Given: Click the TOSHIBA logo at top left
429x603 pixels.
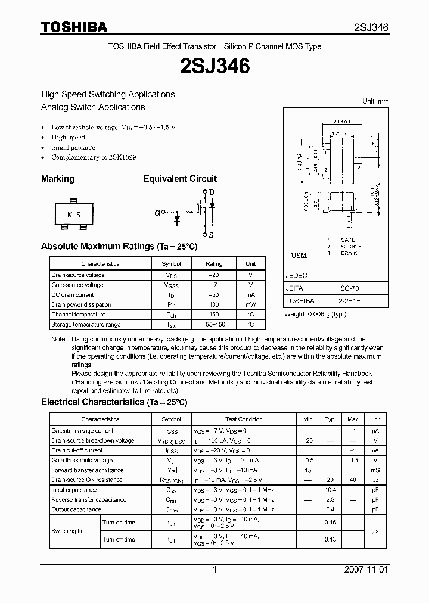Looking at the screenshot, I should (x=74, y=27).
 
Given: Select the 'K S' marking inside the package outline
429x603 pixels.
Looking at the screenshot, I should (x=73, y=215).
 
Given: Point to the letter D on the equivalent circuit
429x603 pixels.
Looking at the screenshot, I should (x=211, y=192).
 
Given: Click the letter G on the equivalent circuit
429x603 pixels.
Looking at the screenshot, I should (x=158, y=212).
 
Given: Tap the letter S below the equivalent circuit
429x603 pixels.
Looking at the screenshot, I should (x=211, y=235).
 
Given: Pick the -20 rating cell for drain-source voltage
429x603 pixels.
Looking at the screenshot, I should (x=214, y=275).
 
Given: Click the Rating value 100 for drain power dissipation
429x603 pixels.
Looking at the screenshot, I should (x=214, y=304).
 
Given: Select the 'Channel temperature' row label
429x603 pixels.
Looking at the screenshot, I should (x=79, y=315).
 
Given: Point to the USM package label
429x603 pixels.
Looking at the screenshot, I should (x=299, y=256).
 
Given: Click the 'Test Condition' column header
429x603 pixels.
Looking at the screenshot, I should (x=244, y=420).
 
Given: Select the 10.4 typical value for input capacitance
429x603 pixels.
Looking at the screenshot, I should (x=329, y=490).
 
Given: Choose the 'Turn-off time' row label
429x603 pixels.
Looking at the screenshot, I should (x=119, y=539).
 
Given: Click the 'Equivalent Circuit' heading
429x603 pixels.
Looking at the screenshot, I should (x=180, y=179).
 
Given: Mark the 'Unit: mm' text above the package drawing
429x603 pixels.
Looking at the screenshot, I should (x=375, y=101).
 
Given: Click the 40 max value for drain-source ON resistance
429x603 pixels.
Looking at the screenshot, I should (x=353, y=480).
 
